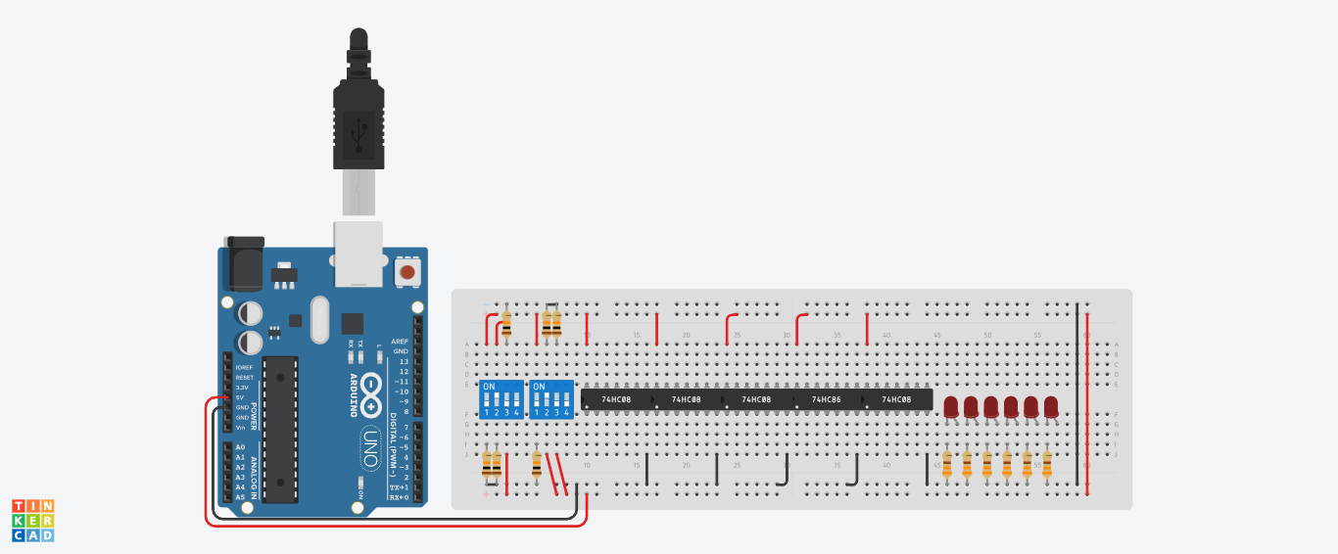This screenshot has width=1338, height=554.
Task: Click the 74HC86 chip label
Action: [826, 400]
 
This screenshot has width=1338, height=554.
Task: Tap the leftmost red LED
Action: [950, 407]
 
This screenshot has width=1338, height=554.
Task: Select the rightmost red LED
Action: [1051, 407]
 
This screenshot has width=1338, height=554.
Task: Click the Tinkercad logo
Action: [32, 520]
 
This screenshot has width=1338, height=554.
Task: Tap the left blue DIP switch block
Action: [500, 399]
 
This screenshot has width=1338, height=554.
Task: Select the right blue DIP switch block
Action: [550, 399]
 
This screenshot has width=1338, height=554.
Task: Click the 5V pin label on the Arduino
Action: [239, 397]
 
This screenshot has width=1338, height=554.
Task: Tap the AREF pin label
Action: [400, 341]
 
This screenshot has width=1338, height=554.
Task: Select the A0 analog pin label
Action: [239, 446]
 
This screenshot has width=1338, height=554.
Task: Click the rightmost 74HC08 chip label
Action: [896, 400]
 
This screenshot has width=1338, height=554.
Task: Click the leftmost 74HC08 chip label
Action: [616, 400]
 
